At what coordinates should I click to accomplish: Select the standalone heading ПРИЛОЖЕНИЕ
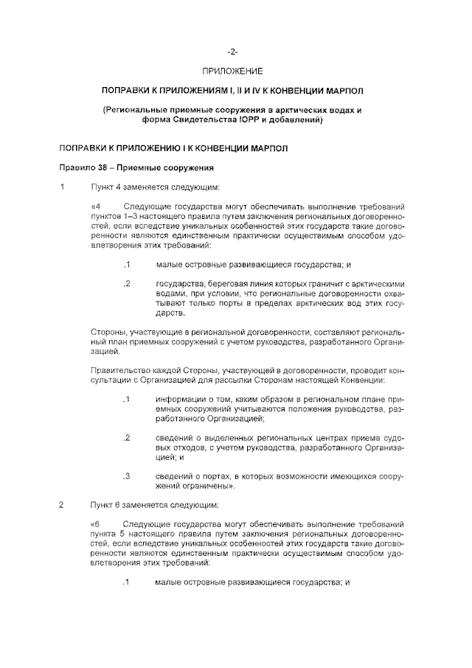tap(232, 71)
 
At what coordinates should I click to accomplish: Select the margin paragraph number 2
tap(63, 505)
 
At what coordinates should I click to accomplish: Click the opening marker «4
tap(96, 205)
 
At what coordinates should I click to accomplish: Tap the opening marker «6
tap(96, 524)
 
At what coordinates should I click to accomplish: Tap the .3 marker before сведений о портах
tap(127, 476)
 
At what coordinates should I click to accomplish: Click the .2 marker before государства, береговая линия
tap(127, 283)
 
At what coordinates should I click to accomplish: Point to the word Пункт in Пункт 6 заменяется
tap(103, 505)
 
